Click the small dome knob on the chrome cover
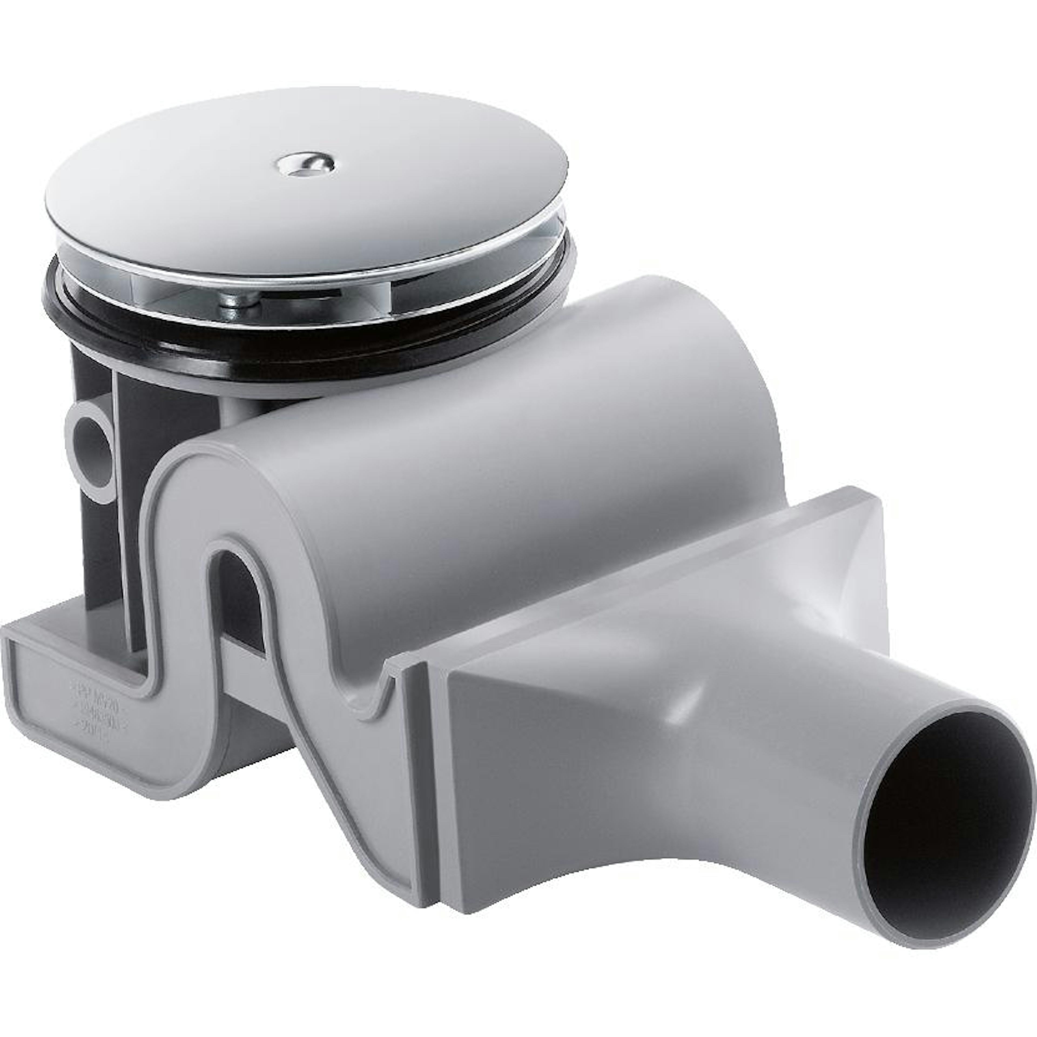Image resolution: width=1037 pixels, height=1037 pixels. coord(305,164)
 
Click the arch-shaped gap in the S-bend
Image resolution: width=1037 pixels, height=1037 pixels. coord(239,596)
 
